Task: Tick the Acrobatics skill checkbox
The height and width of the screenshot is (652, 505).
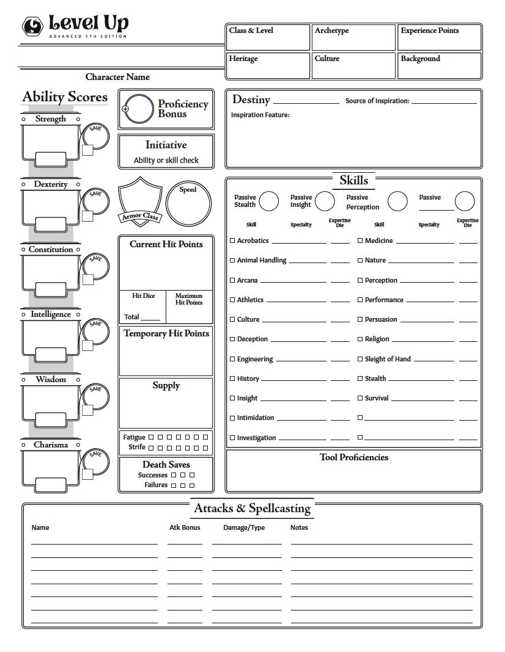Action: tap(232, 241)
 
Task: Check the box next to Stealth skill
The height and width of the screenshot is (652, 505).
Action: tap(360, 379)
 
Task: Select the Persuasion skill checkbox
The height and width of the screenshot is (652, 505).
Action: tap(360, 319)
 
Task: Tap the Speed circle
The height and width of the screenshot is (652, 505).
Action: tap(188, 204)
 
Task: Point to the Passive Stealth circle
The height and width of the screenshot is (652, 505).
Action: tap(269, 201)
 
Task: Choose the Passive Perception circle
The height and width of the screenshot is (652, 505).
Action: tap(397, 201)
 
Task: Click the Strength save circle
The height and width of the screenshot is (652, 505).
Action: tap(95, 137)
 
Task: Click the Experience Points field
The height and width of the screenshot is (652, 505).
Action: tap(440, 38)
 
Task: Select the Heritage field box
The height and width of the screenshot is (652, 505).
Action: tap(268, 66)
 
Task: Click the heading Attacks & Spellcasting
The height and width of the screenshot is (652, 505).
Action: tap(252, 508)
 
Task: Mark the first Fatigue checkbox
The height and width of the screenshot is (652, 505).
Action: tap(151, 437)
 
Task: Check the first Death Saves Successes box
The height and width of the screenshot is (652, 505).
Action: tap(174, 475)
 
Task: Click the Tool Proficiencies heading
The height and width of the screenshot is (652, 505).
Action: tap(353, 457)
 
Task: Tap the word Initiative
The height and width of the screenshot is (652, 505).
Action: tap(166, 145)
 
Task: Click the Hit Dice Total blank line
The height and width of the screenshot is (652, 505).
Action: tap(150, 318)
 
